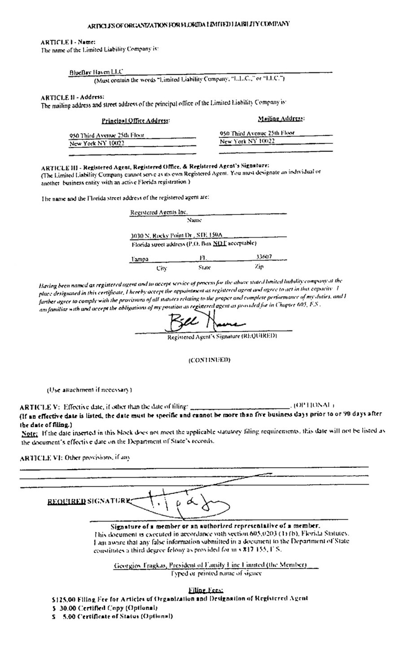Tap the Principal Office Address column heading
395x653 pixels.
click(x=136, y=120)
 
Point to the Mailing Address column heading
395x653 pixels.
click(x=281, y=118)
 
